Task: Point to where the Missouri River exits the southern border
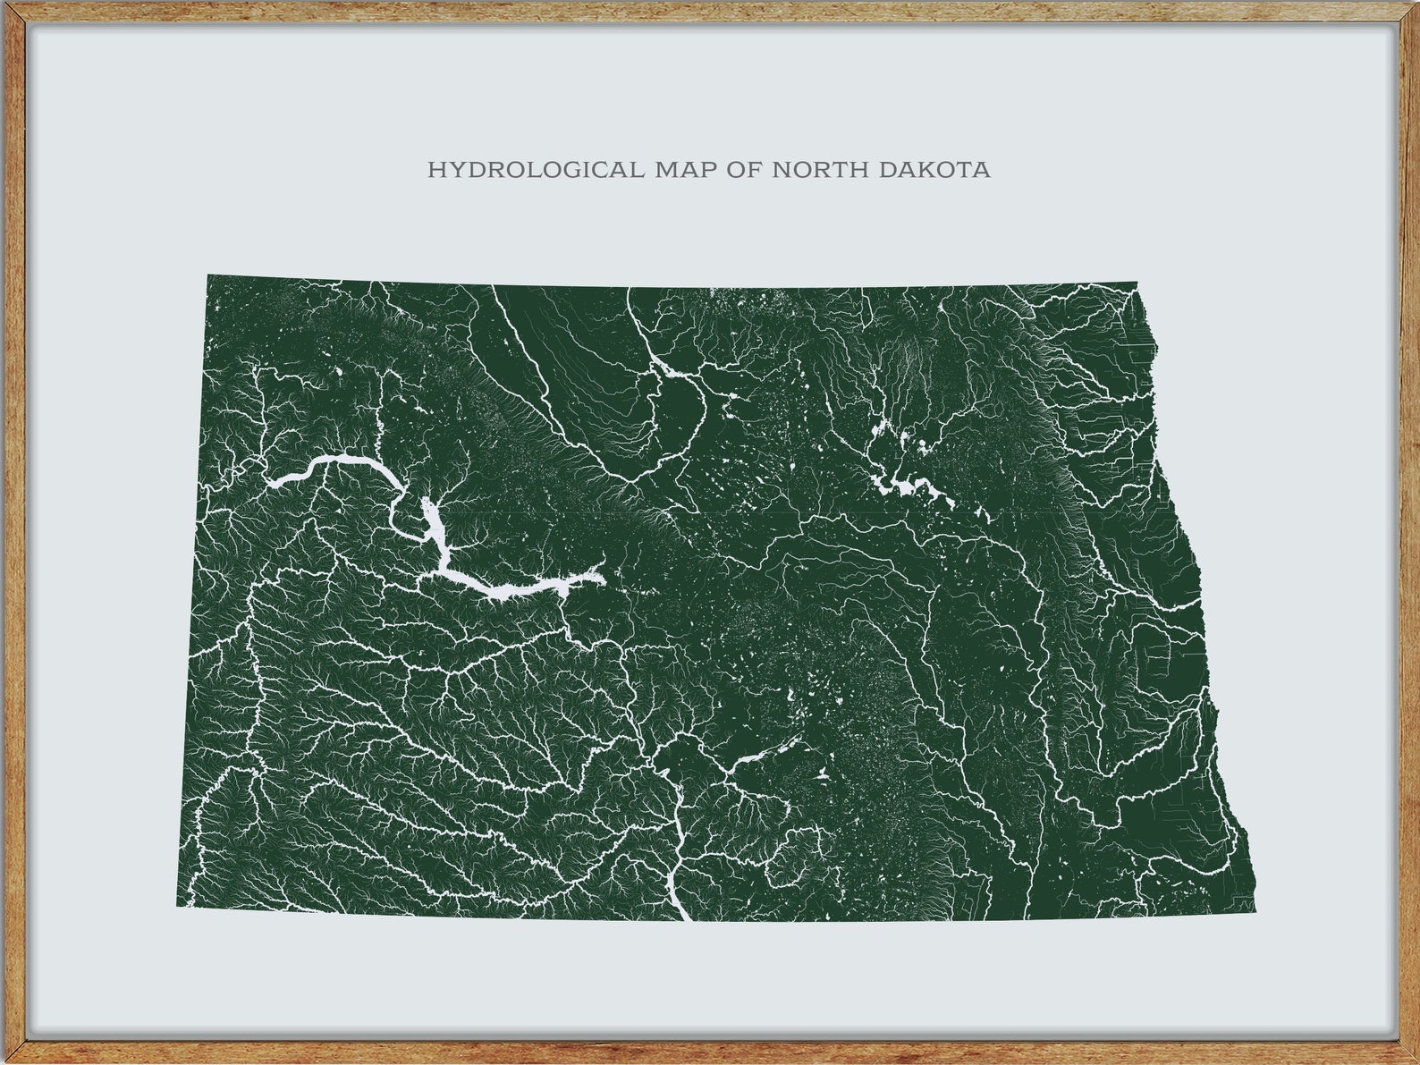pyautogui.click(x=687, y=917)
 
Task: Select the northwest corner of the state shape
pyautogui.click(x=208, y=276)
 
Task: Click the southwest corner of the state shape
pyautogui.click(x=177, y=905)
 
